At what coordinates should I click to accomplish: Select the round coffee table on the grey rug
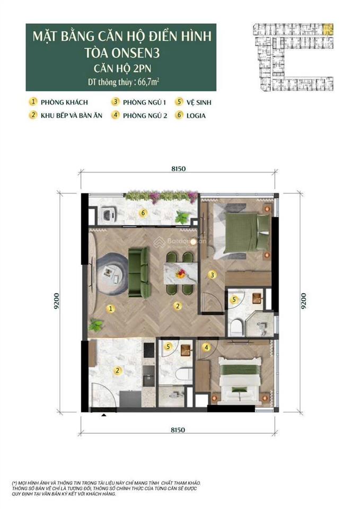(x=109, y=273)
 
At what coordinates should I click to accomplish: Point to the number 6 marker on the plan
(x=142, y=213)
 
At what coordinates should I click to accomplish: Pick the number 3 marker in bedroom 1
(x=212, y=275)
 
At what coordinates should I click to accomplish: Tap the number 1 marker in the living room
(x=110, y=308)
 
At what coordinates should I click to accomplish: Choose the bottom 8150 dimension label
(x=178, y=428)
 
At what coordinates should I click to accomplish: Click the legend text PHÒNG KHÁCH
(x=66, y=102)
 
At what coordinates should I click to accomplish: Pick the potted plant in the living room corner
(x=96, y=324)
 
